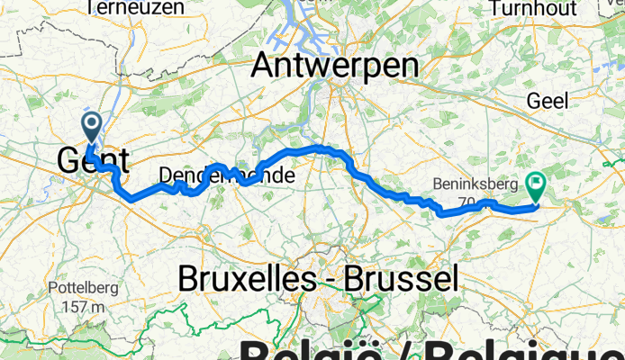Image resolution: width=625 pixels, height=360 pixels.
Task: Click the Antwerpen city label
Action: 335,66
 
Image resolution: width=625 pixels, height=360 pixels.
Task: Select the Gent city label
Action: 93,161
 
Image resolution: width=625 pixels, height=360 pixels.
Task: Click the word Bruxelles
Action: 240,278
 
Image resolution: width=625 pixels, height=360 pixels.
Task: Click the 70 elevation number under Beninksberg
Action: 465,201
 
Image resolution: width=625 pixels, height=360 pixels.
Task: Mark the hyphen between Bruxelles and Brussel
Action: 320,280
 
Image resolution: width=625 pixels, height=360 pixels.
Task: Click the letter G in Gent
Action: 69,161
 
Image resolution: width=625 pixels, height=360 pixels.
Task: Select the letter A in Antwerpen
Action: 265,66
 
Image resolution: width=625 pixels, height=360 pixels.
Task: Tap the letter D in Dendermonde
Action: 165,177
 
